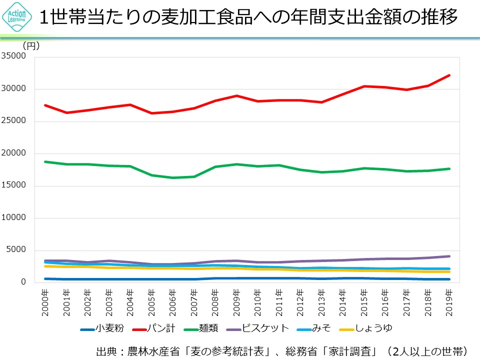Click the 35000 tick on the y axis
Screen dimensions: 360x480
click(x=14, y=56)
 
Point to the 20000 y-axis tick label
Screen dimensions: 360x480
click(x=14, y=153)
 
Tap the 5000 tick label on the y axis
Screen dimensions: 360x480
click(x=16, y=250)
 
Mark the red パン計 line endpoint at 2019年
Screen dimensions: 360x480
click(x=449, y=75)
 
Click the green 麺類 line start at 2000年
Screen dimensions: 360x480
click(x=45, y=161)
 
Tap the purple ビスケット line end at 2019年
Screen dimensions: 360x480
click(x=449, y=256)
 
